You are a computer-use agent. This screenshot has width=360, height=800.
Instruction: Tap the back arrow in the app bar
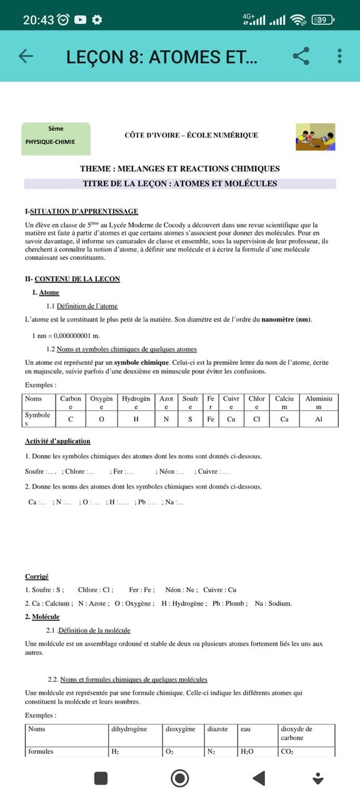pos(26,56)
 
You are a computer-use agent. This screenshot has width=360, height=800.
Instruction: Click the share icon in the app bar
pos(301,56)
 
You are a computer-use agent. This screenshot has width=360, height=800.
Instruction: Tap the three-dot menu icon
pos(339,56)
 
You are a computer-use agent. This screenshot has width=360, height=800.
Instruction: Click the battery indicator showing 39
pos(322,19)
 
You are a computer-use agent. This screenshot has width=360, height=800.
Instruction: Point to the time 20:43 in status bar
pos(38,19)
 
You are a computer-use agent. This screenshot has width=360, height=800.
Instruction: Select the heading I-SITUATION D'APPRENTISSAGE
pos(81,211)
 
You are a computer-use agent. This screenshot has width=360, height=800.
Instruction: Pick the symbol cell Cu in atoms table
pos(231,419)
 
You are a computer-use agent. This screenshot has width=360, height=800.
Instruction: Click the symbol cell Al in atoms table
pos(319,419)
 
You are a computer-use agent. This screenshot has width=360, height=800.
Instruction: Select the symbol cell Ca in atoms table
pos(284,419)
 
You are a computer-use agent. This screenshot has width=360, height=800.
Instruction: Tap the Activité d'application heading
pos(57,441)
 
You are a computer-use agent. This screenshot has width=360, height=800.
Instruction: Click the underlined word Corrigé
pos(37,576)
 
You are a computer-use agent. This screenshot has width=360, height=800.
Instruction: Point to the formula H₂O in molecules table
pos(247,752)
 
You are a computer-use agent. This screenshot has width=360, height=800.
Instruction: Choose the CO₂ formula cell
pos(287,752)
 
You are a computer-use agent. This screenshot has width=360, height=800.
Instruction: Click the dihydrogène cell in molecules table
pos(129,729)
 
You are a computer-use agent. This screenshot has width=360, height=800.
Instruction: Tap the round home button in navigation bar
pos(180,778)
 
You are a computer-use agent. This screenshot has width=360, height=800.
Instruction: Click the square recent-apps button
pos(101,778)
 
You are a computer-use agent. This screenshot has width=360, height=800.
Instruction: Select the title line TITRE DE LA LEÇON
pos(180,184)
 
